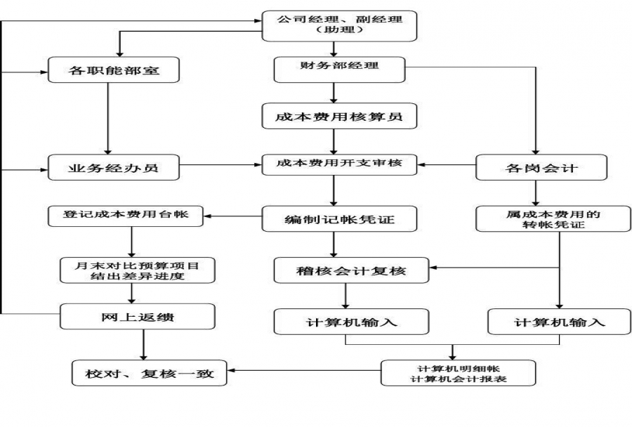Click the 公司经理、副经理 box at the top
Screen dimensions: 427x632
[x=339, y=25]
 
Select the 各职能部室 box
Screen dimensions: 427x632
[x=113, y=71]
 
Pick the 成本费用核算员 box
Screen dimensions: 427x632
[x=339, y=117]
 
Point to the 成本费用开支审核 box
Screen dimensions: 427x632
[x=339, y=165]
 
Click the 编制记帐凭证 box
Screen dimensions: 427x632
[x=339, y=219]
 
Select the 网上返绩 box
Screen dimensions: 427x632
[x=138, y=317]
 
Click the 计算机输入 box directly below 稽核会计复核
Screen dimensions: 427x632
[x=350, y=322]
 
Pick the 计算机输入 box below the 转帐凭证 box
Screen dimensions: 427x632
[x=559, y=322]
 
